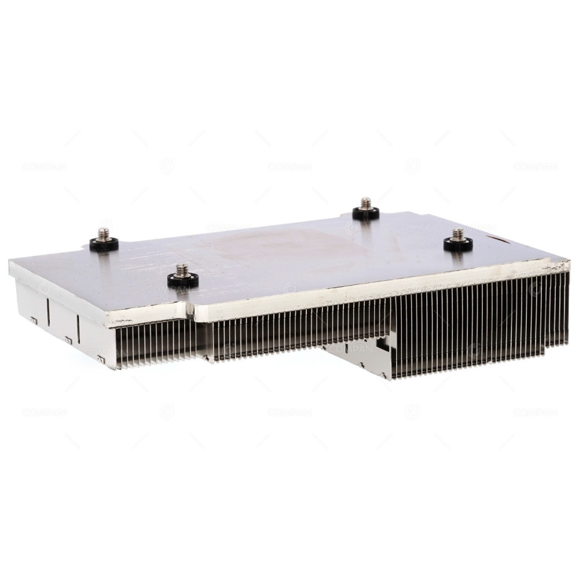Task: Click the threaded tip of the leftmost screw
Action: coord(104,233)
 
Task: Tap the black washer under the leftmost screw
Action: coord(104,244)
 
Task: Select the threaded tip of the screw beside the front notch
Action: coord(182,270)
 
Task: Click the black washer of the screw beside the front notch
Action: coord(183,281)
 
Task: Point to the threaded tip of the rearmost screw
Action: coord(365,203)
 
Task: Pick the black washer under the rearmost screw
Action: coord(366,214)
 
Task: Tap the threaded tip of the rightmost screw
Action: coord(458,234)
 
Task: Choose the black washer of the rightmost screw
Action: coord(458,245)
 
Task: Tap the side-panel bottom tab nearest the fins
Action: coord(101,358)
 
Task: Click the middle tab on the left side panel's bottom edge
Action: coord(68,340)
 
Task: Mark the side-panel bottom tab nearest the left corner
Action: coord(34,320)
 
